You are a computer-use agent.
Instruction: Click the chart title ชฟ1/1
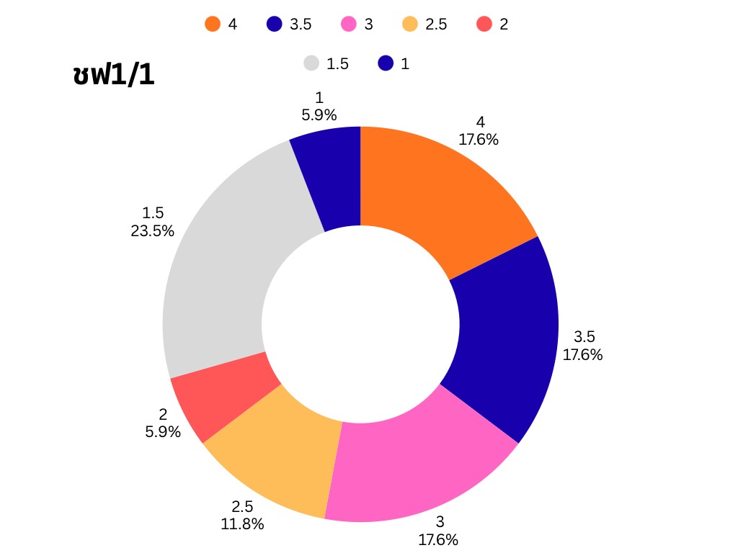coord(114,75)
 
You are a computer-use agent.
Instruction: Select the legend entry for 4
coord(221,24)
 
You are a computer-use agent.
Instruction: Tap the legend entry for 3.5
coord(289,24)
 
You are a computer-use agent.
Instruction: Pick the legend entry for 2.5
coord(425,24)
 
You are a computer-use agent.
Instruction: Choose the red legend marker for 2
coord(484,24)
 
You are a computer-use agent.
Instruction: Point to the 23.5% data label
coord(152,231)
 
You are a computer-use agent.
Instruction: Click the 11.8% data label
coord(242,524)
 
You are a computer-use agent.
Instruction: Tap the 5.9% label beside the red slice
coord(163,432)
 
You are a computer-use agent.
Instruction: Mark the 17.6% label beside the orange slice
coord(479,139)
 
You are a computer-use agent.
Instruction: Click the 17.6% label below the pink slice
coord(438,539)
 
